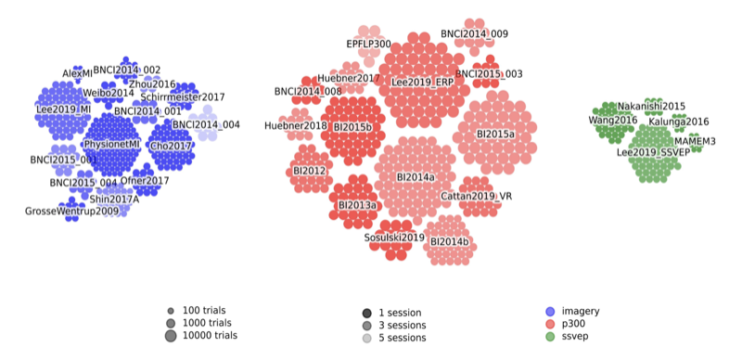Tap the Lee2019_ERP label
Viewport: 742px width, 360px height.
click(x=423, y=83)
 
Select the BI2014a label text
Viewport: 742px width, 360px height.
click(x=415, y=176)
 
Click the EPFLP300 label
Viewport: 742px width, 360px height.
click(x=368, y=44)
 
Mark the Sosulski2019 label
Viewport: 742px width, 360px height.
click(x=394, y=238)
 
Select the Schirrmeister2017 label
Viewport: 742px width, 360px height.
click(x=183, y=96)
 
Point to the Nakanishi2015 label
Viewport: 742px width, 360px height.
click(x=651, y=107)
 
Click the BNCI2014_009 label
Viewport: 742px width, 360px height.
click(x=474, y=33)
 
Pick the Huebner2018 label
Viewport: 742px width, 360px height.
click(x=296, y=125)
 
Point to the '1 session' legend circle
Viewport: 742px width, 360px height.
click(x=367, y=313)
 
